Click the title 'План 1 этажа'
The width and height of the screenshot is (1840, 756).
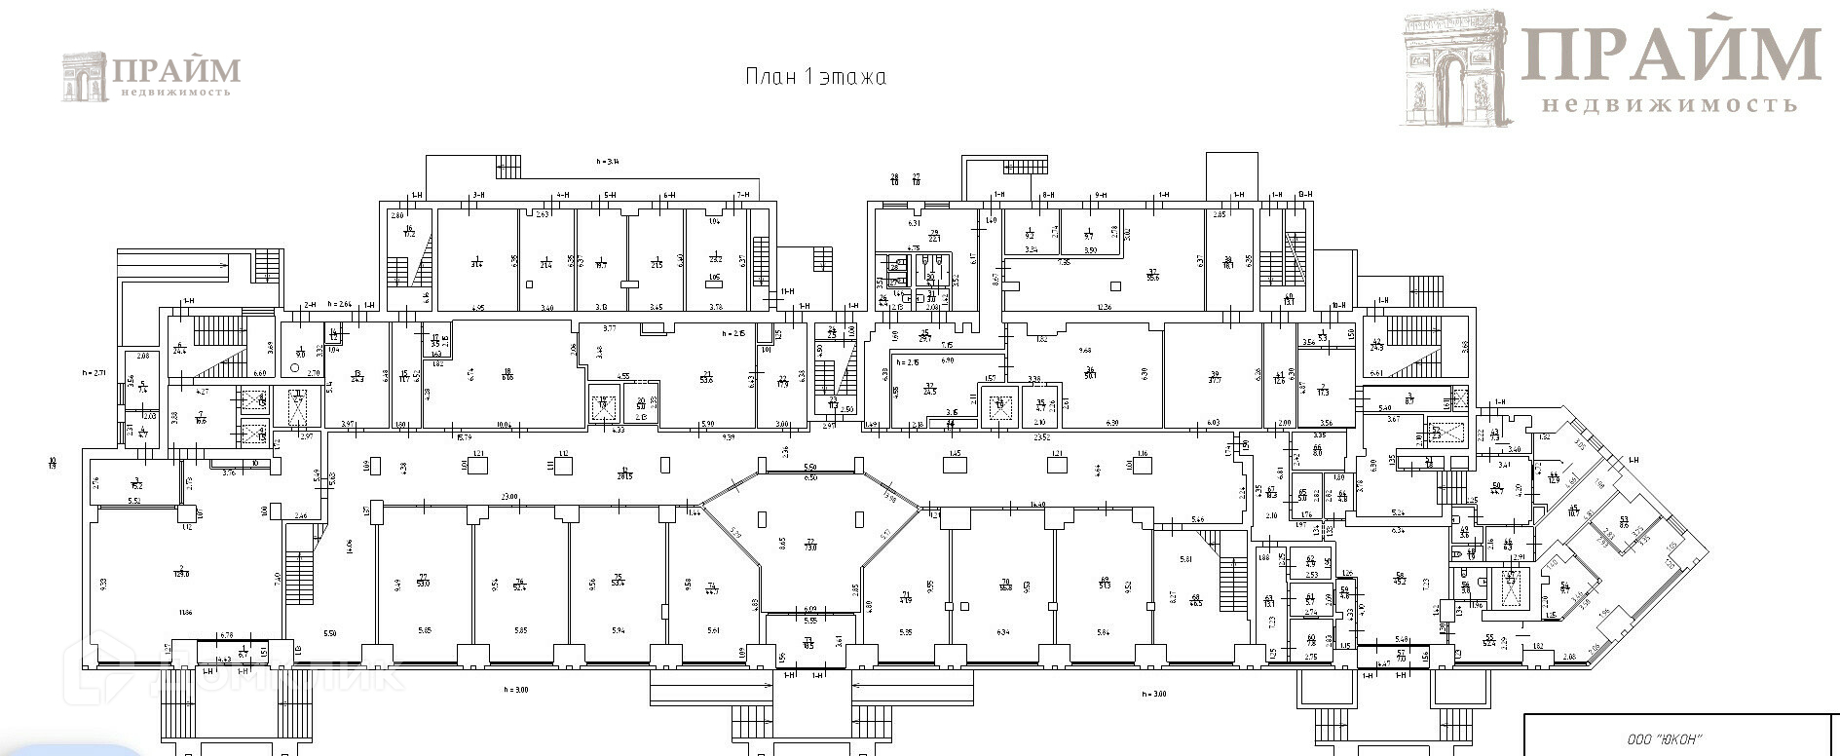(815, 77)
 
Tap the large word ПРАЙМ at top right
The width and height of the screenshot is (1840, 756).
(1671, 54)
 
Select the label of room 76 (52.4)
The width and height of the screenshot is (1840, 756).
(520, 583)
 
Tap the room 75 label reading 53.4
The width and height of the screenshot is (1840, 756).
(617, 581)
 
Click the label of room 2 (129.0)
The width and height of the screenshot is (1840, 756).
(181, 571)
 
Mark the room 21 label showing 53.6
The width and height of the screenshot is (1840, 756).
(705, 376)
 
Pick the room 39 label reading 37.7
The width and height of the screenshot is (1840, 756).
(1214, 376)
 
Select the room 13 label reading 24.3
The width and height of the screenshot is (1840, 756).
(357, 376)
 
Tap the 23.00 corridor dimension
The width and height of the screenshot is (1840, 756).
(508, 498)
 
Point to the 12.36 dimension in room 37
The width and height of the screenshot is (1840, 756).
(1103, 308)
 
